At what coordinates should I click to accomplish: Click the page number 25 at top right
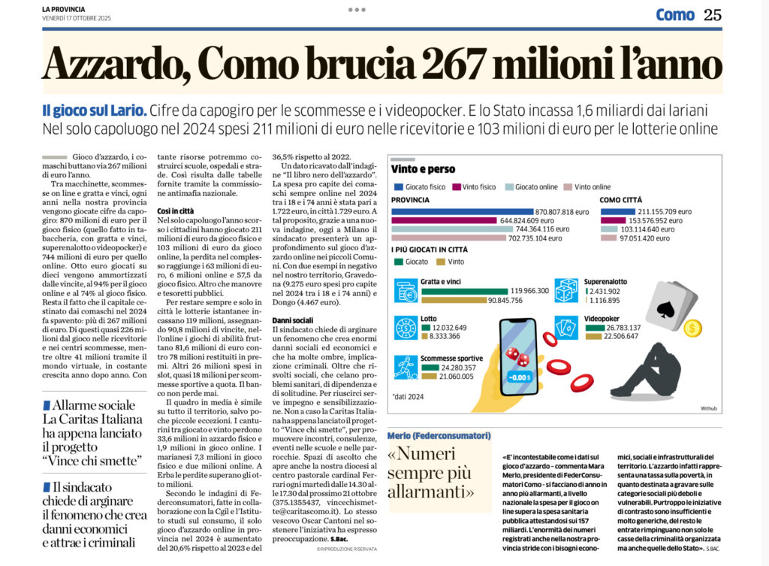712,14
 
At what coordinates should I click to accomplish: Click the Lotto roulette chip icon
406,328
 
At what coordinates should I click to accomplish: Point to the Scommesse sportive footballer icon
406,366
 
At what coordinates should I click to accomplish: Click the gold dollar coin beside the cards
693,328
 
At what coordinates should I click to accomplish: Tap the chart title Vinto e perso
423,169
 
